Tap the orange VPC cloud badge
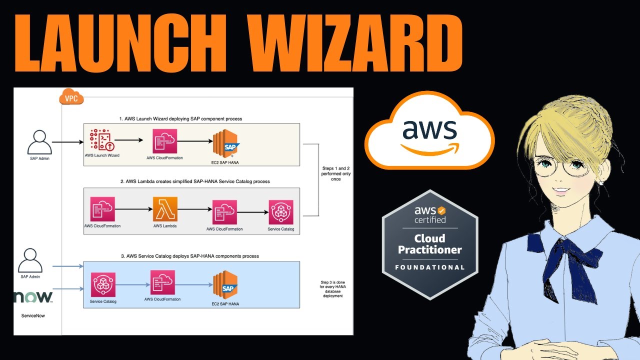point(71,98)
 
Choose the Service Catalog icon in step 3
point(103,285)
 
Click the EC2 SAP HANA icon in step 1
point(225,143)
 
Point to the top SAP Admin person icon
point(39,142)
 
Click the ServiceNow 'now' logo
point(33,297)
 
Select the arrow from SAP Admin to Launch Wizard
point(67,142)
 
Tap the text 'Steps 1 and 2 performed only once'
point(335,175)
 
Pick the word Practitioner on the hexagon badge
point(430,249)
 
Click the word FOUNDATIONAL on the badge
point(430,267)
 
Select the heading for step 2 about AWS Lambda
point(195,181)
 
